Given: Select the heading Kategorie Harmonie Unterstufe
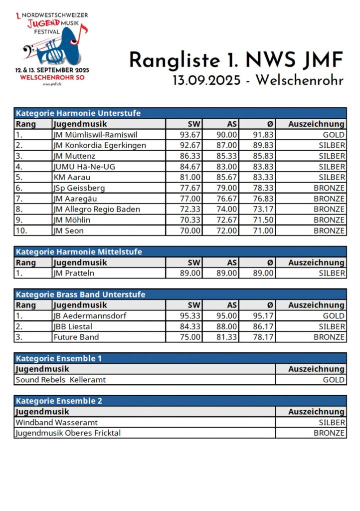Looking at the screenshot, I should pyautogui.click(x=78, y=113).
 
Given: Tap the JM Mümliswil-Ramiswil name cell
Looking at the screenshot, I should pyautogui.click(x=95, y=135).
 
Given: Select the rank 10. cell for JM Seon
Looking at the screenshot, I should pyautogui.click(x=22, y=231).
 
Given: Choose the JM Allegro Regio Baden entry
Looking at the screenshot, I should pyautogui.click(x=96, y=209).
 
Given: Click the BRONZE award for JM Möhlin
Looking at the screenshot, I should pyautogui.click(x=329, y=220).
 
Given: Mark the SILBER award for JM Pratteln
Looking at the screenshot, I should pyautogui.click(x=332, y=273).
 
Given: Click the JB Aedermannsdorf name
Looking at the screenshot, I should pyautogui.click(x=89, y=316).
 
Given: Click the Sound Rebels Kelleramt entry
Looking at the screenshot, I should pyautogui.click(x=60, y=380).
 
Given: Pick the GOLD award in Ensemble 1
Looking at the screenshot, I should pyautogui.click(x=334, y=380).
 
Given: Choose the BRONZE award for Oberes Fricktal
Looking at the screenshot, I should pyautogui.click(x=329, y=433).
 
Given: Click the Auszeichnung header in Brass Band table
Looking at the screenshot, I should pyautogui.click(x=316, y=305).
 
